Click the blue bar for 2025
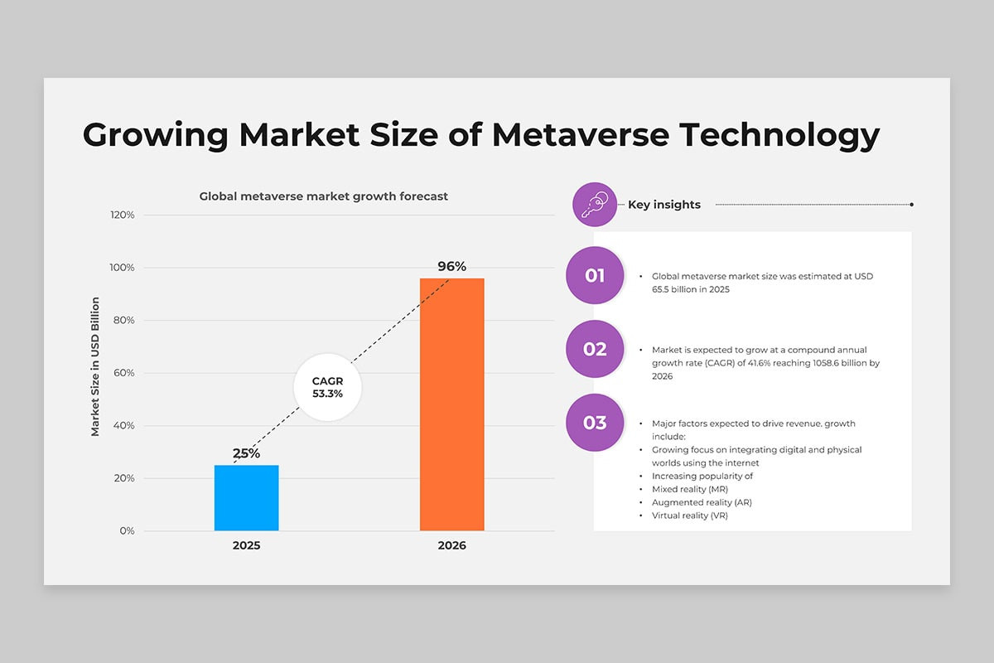[246, 498]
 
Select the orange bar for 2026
[451, 404]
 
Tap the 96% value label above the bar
[451, 266]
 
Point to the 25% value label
[246, 453]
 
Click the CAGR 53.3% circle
[327, 387]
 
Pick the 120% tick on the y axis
[123, 215]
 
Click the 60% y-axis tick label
[123, 373]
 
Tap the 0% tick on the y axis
[127, 530]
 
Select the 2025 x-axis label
[246, 545]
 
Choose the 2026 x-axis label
[451, 545]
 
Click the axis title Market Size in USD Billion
[95, 367]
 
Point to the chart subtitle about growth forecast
[324, 196]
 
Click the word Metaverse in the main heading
[581, 134]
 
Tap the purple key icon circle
[595, 204]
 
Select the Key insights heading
[664, 205]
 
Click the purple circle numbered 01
[595, 275]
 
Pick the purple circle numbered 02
[595, 349]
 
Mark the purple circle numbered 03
[595, 423]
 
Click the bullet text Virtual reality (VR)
[689, 515]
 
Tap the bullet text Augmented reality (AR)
[702, 502]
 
